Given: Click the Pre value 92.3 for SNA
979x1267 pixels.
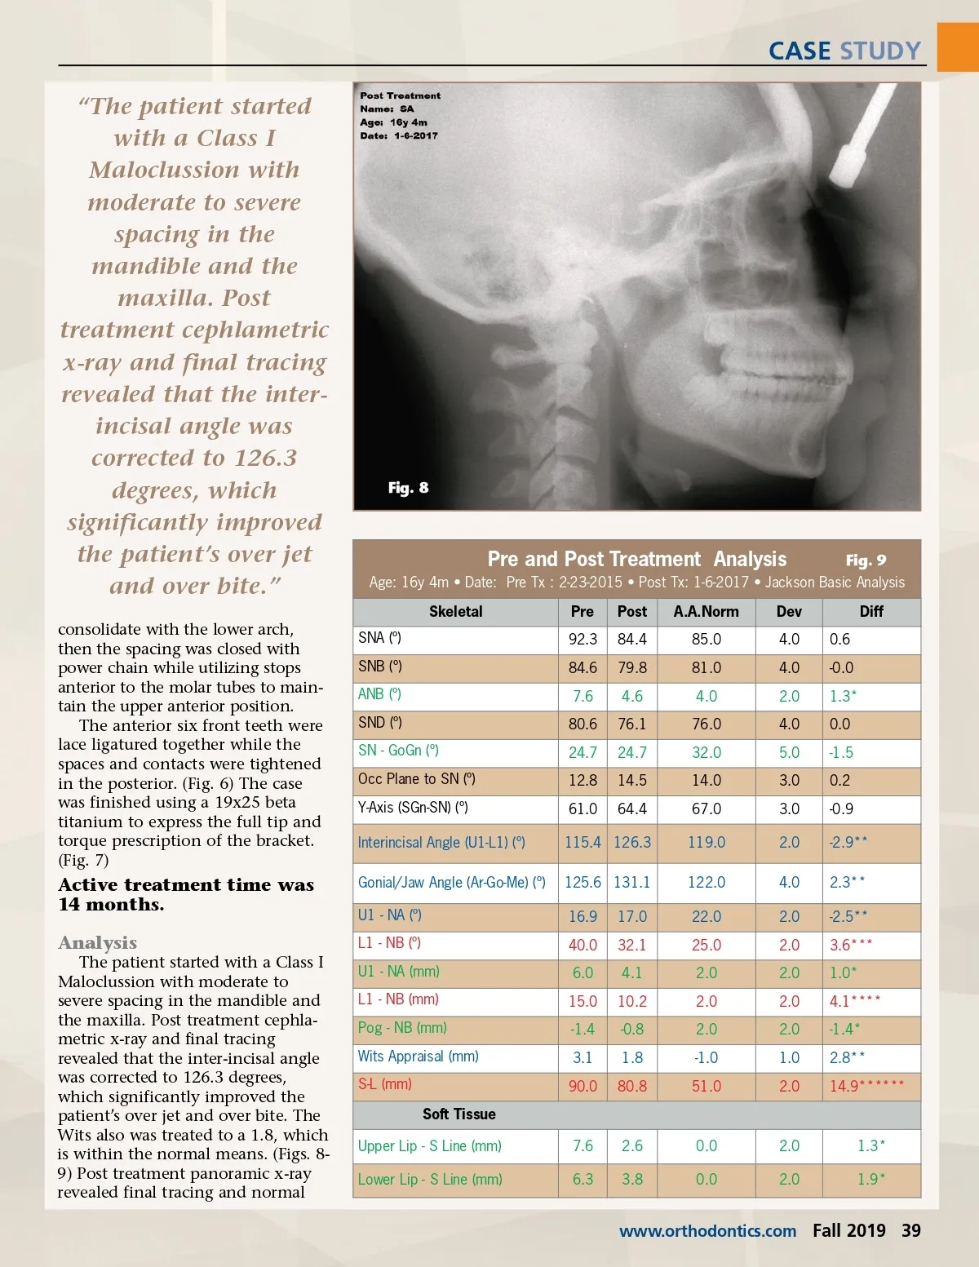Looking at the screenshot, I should click(x=583, y=640).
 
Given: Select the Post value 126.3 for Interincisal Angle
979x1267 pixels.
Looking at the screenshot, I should click(x=632, y=842).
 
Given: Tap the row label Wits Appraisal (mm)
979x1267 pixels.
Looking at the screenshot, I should click(x=418, y=1057).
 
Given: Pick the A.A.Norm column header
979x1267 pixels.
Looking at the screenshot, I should click(x=706, y=612).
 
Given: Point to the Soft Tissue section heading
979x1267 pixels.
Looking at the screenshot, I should click(x=458, y=1114).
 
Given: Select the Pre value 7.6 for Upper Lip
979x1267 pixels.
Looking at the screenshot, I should click(x=583, y=1146).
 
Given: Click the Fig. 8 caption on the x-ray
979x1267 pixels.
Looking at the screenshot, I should click(x=408, y=488).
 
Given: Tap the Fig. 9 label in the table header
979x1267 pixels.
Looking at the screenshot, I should click(x=866, y=560).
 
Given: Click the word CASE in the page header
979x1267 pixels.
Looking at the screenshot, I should click(x=800, y=51).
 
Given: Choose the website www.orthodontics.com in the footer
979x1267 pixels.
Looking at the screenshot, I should click(x=707, y=1231).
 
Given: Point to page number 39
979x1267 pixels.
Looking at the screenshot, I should click(x=910, y=1230).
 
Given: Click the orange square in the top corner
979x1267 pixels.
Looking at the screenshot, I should click(x=958, y=47).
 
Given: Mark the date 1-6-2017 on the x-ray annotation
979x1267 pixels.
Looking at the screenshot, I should click(x=415, y=136).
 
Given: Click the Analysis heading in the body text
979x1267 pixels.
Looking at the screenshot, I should click(x=97, y=943).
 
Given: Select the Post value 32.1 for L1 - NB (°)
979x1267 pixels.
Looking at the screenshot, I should click(x=632, y=945).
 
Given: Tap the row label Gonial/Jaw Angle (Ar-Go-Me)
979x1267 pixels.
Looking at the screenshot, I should click(x=451, y=883).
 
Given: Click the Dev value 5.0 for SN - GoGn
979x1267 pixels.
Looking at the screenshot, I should click(x=789, y=753).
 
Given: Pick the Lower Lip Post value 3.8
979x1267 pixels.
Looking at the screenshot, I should click(x=632, y=1180).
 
